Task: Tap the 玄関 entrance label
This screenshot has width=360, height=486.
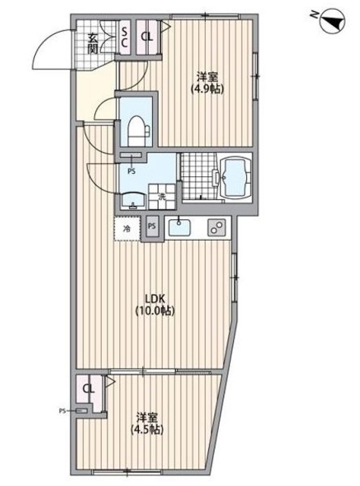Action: click(x=92, y=45)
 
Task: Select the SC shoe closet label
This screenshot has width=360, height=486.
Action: click(x=126, y=35)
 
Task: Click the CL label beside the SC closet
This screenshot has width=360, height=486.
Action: click(x=147, y=35)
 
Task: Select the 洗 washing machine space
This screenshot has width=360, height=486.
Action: click(x=162, y=197)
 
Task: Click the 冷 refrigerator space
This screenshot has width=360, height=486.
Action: click(x=127, y=227)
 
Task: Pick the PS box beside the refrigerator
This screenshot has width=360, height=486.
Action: click(x=153, y=226)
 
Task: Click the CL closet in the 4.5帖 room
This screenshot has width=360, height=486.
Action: click(x=89, y=390)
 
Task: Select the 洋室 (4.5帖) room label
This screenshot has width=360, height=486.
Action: click(x=148, y=423)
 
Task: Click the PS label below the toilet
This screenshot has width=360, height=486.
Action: click(x=131, y=172)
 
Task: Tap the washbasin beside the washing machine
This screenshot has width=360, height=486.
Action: click(x=135, y=201)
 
